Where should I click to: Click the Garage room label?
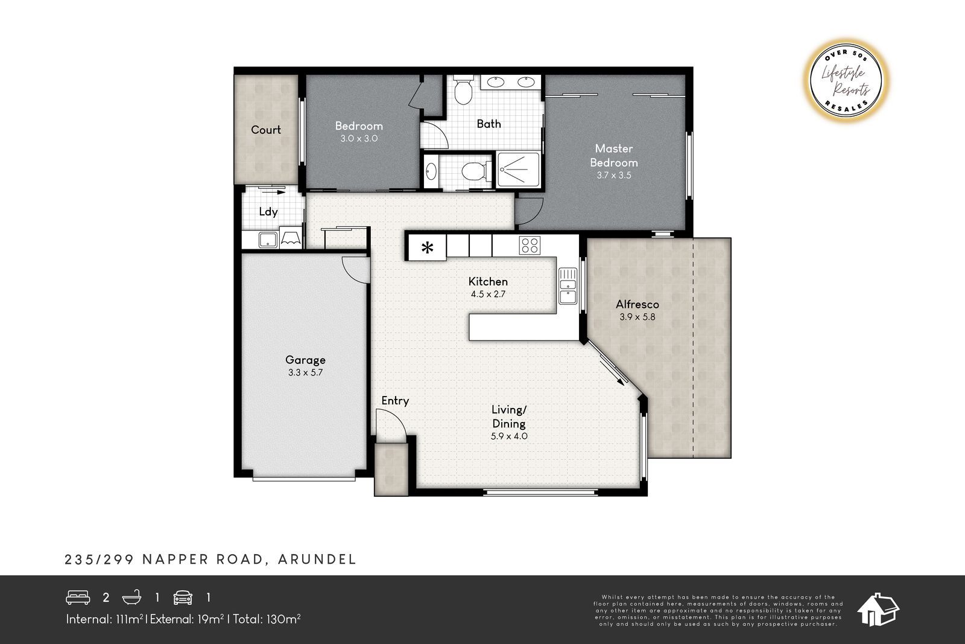coord(305,360)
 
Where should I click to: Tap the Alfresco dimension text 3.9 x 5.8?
coord(637,317)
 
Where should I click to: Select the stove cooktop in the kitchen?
coord(530,246)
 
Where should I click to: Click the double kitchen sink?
coord(568,286)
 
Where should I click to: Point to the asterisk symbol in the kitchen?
coord(427,248)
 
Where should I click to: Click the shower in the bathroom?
coord(518,170)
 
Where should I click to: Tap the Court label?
coord(266,130)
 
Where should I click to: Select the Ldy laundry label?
coord(268,212)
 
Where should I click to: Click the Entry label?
coord(395,401)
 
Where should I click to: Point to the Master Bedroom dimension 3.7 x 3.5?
coord(614,175)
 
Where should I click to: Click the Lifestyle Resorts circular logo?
coord(846,81)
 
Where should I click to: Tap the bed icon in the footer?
coord(78,598)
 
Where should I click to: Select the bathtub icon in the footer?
coord(132,597)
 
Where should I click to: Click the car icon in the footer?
coord(183,598)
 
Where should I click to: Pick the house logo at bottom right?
coord(878,610)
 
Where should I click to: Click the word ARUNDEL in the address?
coord(317,559)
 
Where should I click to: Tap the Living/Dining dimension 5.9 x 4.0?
coord(509,436)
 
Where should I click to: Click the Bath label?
coord(489,124)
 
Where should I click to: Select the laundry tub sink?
coord(268,240)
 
